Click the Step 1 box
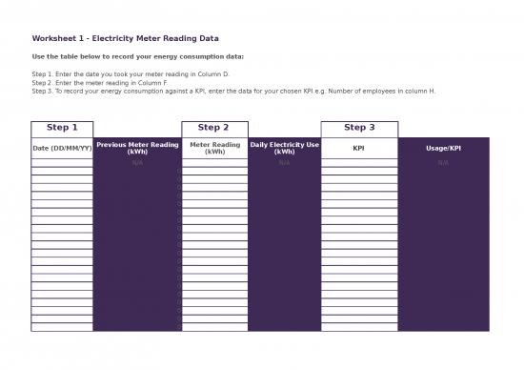62,128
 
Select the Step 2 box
213,128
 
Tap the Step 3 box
358,128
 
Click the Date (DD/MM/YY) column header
62,148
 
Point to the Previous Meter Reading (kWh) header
137,148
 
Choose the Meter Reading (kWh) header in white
214,148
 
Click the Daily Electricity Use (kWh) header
284,148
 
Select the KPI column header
358,148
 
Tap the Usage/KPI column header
443,148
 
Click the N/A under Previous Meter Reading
137,163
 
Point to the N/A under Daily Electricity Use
284,163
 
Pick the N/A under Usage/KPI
443,163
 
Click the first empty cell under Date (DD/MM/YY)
62,163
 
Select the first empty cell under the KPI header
358,163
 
